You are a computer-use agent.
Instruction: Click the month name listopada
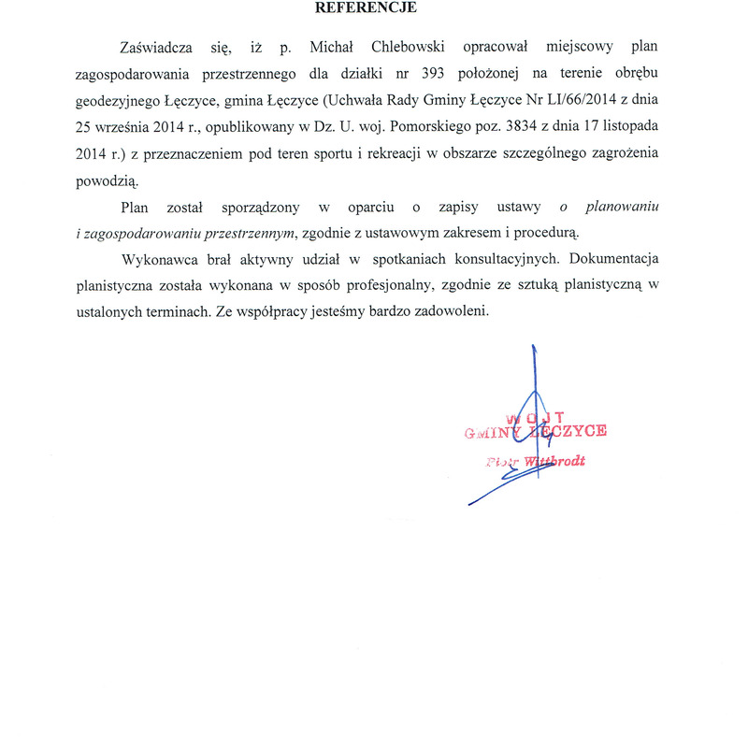tap(623, 123)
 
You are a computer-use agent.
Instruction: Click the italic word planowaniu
tap(623, 206)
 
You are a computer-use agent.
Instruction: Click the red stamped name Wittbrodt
tap(555, 462)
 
